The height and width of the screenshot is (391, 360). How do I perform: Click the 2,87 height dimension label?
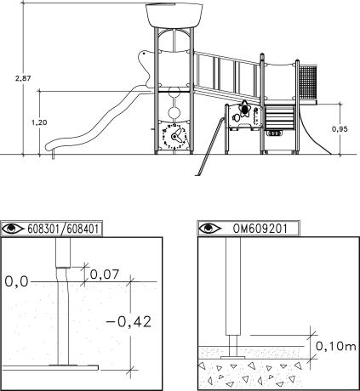coord(23,78)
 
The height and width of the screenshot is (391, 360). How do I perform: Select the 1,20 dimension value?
coord(39,122)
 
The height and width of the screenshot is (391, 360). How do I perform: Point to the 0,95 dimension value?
coord(340,129)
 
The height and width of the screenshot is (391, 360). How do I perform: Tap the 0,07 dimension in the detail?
coord(105,275)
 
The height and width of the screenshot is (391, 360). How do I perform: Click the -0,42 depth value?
coord(129,321)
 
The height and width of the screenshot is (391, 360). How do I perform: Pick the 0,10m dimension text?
coord(336,346)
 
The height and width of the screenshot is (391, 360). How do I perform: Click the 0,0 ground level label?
coord(17,281)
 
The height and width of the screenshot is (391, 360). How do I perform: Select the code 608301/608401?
coord(63,229)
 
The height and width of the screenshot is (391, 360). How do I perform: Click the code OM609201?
coord(260,229)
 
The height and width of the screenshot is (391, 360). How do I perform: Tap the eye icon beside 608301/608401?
coord(13,229)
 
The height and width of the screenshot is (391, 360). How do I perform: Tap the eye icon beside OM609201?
coord(209,228)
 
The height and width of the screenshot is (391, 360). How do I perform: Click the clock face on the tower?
coord(174,137)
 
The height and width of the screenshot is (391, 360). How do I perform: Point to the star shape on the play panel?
coord(244,110)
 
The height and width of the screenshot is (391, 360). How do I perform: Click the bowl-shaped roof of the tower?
coord(174,15)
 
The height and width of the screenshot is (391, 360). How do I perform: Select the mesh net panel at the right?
coord(307,82)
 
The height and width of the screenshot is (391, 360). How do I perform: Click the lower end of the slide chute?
coord(50,146)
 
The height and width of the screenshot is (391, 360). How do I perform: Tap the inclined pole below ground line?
coord(210,146)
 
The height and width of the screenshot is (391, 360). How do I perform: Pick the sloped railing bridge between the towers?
coord(227,76)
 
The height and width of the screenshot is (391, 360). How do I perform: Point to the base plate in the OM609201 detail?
coord(233,358)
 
